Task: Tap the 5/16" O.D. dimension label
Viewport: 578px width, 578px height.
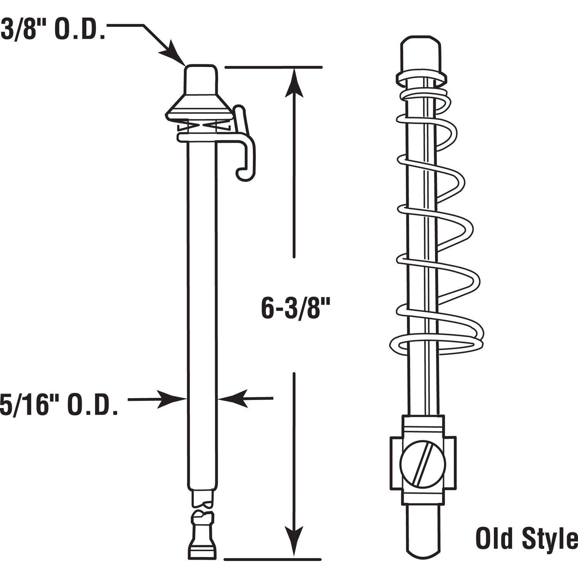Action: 59,405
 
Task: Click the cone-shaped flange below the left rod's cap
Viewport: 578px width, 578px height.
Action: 200,109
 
